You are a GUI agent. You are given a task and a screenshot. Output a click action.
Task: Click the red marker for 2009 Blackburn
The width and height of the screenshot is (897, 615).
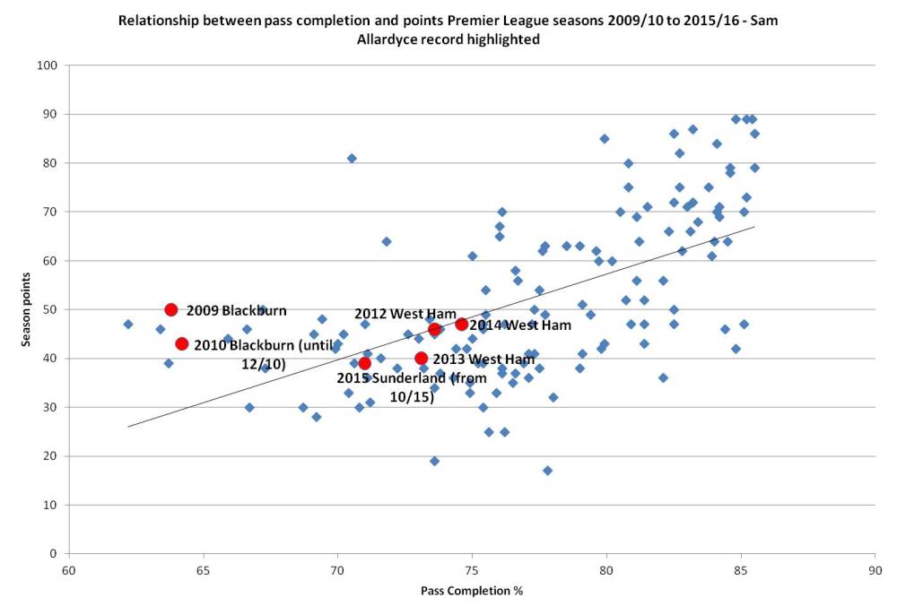click(x=171, y=310)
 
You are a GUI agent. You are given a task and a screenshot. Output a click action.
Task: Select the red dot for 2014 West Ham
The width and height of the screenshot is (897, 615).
click(x=461, y=325)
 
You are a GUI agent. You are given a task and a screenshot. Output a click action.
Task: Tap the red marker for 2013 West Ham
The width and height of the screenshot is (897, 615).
click(x=421, y=359)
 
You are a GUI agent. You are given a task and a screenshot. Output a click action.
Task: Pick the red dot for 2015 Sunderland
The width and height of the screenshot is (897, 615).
click(x=364, y=363)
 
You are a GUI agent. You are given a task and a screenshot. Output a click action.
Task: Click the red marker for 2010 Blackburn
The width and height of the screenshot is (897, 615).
click(x=182, y=344)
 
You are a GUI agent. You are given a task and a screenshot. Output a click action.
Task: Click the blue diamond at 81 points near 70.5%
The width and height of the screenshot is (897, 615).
click(x=352, y=158)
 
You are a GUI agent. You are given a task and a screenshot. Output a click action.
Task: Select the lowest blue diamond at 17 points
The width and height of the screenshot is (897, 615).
click(x=547, y=471)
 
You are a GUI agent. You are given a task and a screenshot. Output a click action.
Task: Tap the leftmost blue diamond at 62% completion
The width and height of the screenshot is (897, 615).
click(x=128, y=324)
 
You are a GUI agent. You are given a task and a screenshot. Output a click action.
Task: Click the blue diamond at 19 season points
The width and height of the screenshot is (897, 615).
click(x=434, y=461)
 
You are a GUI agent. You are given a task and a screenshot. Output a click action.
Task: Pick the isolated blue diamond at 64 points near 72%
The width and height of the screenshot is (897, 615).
click(x=386, y=241)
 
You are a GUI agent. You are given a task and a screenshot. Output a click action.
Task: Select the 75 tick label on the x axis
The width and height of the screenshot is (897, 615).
click(x=472, y=570)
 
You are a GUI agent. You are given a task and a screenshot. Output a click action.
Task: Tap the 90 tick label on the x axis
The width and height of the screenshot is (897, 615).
click(x=874, y=570)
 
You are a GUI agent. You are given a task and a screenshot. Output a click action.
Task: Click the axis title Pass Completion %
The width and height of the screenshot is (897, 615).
click(x=472, y=592)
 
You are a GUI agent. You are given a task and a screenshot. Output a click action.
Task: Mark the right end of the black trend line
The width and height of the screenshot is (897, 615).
click(x=754, y=227)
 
